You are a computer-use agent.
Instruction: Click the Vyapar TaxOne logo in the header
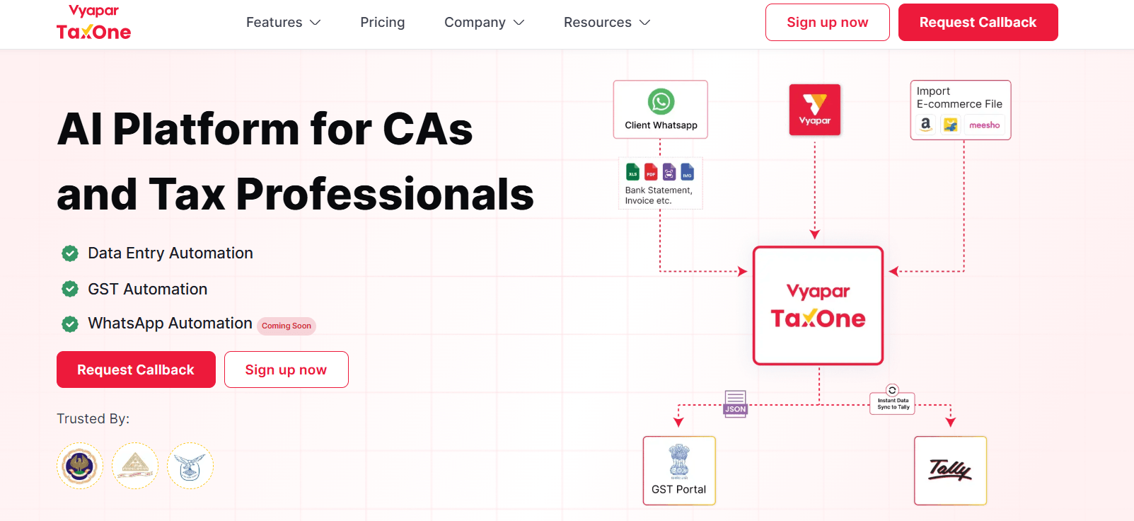point(93,23)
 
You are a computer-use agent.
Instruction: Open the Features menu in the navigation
point(283,23)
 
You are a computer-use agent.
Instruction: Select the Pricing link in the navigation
point(382,23)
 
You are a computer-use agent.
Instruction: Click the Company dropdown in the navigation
point(484,23)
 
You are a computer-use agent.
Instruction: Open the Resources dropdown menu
point(606,23)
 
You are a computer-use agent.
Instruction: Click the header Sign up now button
point(827,23)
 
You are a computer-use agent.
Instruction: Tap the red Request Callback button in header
point(978,23)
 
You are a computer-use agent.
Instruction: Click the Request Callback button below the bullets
point(136,370)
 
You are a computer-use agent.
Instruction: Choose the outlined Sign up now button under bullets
point(286,370)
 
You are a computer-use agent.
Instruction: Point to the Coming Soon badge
point(287,326)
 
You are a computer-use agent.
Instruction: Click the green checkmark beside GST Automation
point(70,289)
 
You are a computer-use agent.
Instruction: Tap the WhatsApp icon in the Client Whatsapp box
point(661,102)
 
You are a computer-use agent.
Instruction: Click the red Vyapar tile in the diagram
point(815,110)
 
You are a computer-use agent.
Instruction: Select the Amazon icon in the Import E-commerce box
point(925,125)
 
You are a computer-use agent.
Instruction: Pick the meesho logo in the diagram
point(984,125)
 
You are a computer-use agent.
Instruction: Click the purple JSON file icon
point(735,403)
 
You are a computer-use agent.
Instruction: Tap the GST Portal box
point(679,470)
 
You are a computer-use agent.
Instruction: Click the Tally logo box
point(950,470)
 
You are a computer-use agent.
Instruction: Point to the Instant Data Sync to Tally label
point(893,403)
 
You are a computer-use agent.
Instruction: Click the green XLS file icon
point(632,171)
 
